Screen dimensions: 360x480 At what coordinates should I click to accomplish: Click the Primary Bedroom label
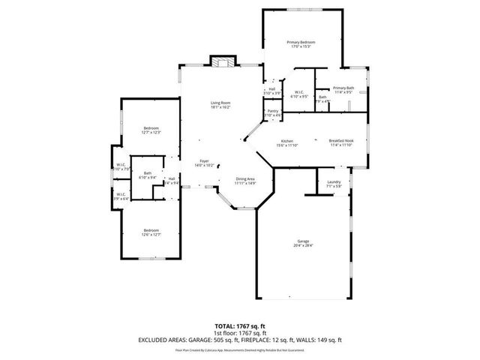coord(300,42)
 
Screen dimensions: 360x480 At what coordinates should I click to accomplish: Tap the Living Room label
coord(220,102)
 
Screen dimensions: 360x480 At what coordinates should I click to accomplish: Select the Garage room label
coord(303,241)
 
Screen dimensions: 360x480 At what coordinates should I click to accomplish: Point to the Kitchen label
coord(286,141)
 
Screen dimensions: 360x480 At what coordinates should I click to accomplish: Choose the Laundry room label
coord(334,181)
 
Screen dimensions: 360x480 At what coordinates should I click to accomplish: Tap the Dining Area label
coord(245,178)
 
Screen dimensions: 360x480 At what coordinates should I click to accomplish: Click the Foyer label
coord(204,160)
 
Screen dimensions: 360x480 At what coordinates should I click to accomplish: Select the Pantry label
coord(272,111)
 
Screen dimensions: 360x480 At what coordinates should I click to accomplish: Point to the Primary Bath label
coord(343,88)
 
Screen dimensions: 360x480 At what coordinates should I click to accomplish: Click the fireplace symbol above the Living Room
coord(220,62)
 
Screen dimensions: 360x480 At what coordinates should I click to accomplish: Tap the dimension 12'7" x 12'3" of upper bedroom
coord(151,133)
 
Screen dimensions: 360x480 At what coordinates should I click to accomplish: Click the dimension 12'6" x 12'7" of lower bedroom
coord(151,235)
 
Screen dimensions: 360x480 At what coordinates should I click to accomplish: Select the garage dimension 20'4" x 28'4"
coord(303,245)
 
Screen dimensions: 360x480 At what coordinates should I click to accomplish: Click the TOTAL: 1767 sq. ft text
coord(239,326)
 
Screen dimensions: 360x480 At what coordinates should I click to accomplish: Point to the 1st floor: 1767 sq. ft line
coord(239,333)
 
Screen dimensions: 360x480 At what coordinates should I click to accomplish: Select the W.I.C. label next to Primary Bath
coord(298,92)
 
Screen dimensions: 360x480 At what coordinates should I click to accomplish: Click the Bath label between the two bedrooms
coord(148,173)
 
